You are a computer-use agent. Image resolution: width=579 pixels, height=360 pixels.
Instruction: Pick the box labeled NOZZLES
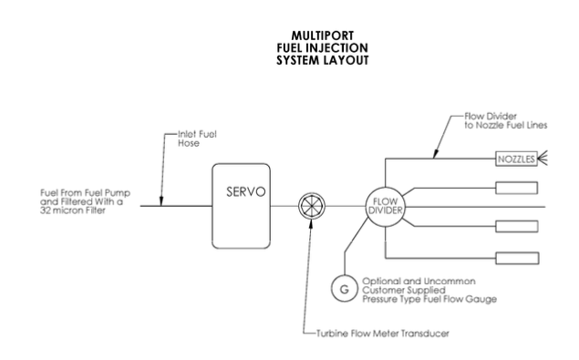tap(516, 159)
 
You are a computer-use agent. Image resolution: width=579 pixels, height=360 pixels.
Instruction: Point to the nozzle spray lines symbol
tap(543, 158)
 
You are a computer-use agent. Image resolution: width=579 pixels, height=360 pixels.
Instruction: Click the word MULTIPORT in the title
tap(323, 36)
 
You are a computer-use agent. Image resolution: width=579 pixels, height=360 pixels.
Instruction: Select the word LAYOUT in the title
tap(345, 60)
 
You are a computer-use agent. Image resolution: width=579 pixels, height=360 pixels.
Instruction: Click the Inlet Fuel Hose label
tap(197, 139)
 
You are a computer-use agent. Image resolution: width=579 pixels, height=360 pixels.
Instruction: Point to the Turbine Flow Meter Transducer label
tap(383, 334)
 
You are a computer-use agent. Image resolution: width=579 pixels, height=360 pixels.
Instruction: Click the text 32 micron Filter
tap(73, 211)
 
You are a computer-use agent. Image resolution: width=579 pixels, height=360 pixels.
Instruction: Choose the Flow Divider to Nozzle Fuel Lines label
tap(505, 120)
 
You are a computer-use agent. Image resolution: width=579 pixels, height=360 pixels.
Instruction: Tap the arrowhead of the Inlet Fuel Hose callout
tap(161, 201)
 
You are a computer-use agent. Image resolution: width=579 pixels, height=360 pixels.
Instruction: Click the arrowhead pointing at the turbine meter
tap(311, 224)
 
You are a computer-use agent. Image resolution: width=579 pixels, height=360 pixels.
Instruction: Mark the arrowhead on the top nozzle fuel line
tap(435, 154)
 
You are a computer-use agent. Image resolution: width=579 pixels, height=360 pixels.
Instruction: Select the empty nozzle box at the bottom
tap(517, 259)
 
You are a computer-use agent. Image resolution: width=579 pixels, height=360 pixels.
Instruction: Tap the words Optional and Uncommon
tap(419, 282)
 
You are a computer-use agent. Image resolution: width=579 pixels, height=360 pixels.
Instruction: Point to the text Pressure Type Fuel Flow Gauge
tap(429, 299)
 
